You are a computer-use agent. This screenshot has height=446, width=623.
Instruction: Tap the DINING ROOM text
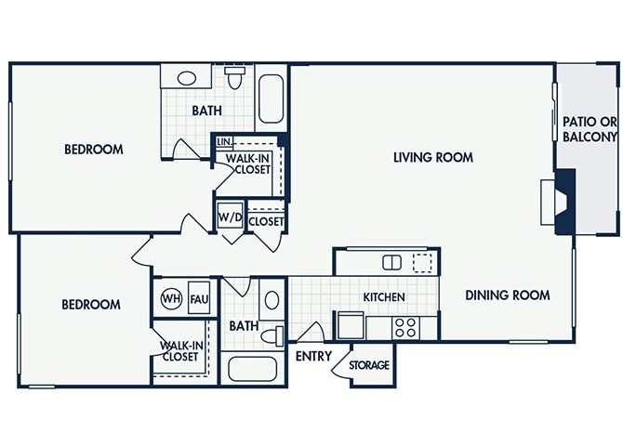click(x=508, y=295)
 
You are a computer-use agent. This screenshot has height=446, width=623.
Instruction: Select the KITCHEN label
click(x=383, y=297)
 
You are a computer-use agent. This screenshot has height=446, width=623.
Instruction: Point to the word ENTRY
click(x=312, y=357)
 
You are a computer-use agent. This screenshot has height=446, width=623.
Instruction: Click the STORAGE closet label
click(x=369, y=365)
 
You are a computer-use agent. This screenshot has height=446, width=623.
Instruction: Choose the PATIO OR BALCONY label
click(x=590, y=129)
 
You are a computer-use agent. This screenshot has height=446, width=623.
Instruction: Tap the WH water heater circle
click(x=170, y=299)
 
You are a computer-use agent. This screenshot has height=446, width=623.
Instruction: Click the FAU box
click(x=198, y=299)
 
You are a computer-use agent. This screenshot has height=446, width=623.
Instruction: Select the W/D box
click(x=229, y=219)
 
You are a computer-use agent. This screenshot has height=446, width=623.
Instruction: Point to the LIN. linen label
click(x=224, y=141)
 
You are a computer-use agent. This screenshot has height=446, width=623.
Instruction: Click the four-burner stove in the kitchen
click(x=405, y=327)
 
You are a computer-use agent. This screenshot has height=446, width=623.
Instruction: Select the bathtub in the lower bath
click(x=253, y=370)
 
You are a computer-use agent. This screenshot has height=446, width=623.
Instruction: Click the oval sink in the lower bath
click(x=271, y=300)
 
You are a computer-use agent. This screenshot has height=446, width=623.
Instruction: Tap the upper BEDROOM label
click(x=94, y=149)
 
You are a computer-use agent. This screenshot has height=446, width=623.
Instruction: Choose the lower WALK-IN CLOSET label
click(x=180, y=350)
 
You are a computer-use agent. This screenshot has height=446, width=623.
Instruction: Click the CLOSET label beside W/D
click(x=266, y=221)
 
